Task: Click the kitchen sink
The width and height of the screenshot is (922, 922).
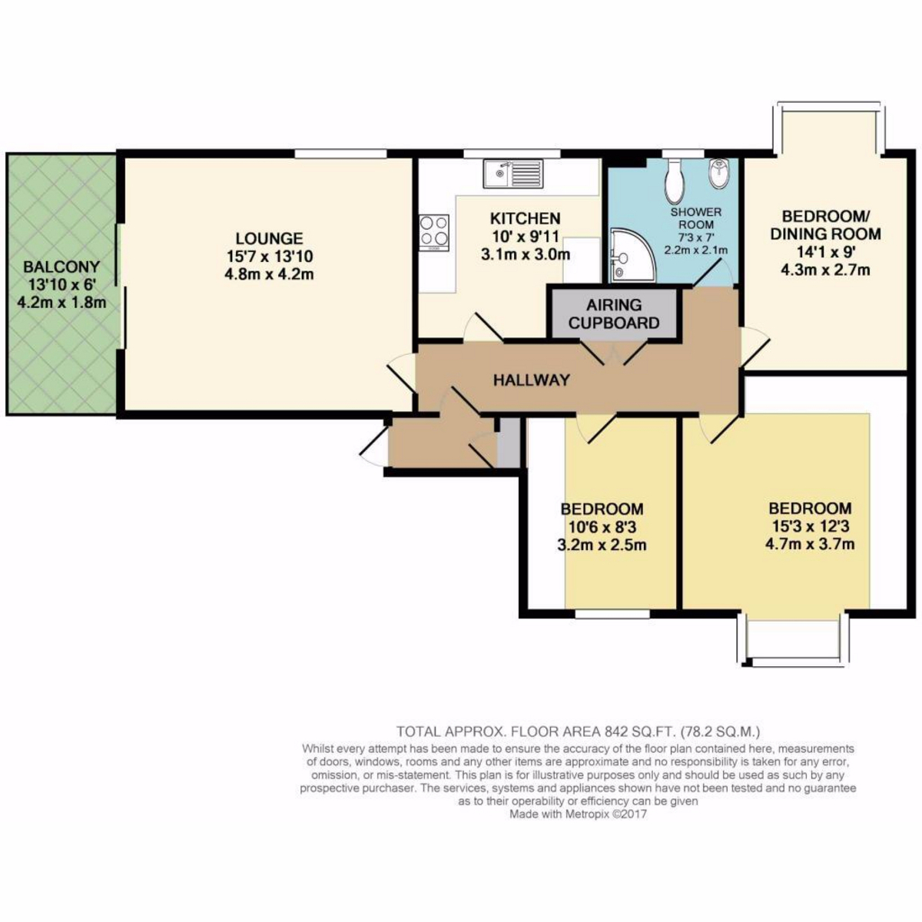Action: point(513,174)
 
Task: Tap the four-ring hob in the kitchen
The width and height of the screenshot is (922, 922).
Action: point(434,233)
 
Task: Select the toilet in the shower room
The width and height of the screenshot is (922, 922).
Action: point(675,181)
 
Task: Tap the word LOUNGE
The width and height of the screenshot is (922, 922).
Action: point(270,238)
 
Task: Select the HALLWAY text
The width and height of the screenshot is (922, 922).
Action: point(532,380)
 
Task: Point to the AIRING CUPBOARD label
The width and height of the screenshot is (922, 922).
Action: point(614,314)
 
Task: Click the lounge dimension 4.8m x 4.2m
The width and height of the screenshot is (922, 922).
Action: point(269,274)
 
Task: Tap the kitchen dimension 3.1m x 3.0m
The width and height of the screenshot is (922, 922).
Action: point(526,254)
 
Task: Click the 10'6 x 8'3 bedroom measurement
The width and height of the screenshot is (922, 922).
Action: point(602,527)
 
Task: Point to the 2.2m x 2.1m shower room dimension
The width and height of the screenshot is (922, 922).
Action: point(696,250)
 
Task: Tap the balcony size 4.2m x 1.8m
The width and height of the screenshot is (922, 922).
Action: point(61,303)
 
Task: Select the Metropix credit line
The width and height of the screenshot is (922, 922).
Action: point(578,814)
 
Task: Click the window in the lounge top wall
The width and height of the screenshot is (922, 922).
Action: point(340,153)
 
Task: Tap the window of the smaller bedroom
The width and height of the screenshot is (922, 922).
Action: point(612,613)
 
